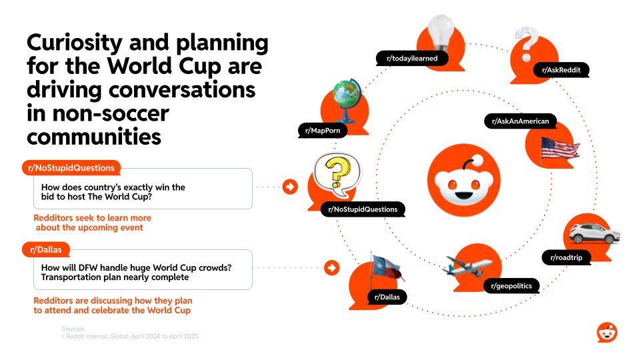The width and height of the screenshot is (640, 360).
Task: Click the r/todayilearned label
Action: [412, 59]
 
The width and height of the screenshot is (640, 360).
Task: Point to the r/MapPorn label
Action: [323, 131]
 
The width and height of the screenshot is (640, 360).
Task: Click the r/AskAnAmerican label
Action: [520, 121]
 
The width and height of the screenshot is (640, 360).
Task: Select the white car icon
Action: [595, 233]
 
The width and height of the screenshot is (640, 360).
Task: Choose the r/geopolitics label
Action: [511, 287]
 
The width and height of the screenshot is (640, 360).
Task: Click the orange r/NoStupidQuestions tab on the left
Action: [72, 168]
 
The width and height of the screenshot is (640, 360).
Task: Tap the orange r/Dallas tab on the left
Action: [46, 250]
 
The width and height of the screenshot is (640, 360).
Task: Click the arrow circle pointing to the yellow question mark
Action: [290, 187]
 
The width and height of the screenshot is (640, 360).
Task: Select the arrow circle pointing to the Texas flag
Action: [331, 268]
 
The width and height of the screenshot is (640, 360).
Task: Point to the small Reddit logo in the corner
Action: [607, 332]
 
